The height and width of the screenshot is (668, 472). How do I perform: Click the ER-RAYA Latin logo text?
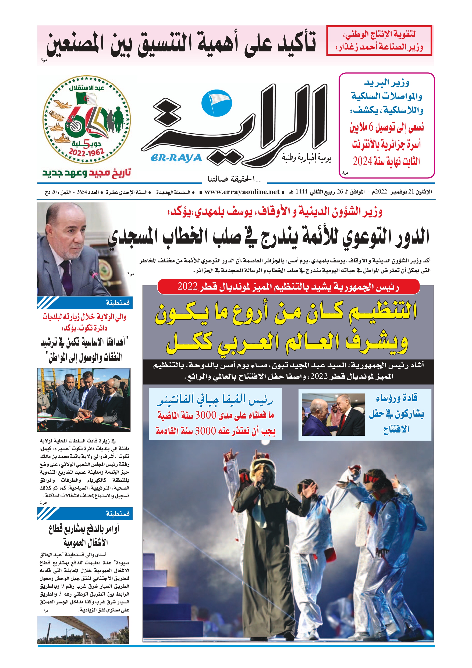[176, 158]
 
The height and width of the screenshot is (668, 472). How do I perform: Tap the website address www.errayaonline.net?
[242, 192]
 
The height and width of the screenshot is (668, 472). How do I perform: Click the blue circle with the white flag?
[217, 102]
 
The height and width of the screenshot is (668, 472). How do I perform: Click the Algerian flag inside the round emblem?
[86, 98]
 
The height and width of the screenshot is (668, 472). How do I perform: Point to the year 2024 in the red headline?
[362, 161]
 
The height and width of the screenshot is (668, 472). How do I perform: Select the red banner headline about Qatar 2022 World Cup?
[288, 287]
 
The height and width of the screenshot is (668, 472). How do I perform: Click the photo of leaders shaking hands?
[333, 414]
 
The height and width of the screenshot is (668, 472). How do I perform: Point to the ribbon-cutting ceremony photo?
[84, 400]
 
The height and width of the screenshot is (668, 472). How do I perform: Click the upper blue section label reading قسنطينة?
[117, 303]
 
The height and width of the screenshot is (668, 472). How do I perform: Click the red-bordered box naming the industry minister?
[379, 40]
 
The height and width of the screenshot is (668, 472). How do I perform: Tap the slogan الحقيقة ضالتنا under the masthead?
[234, 179]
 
